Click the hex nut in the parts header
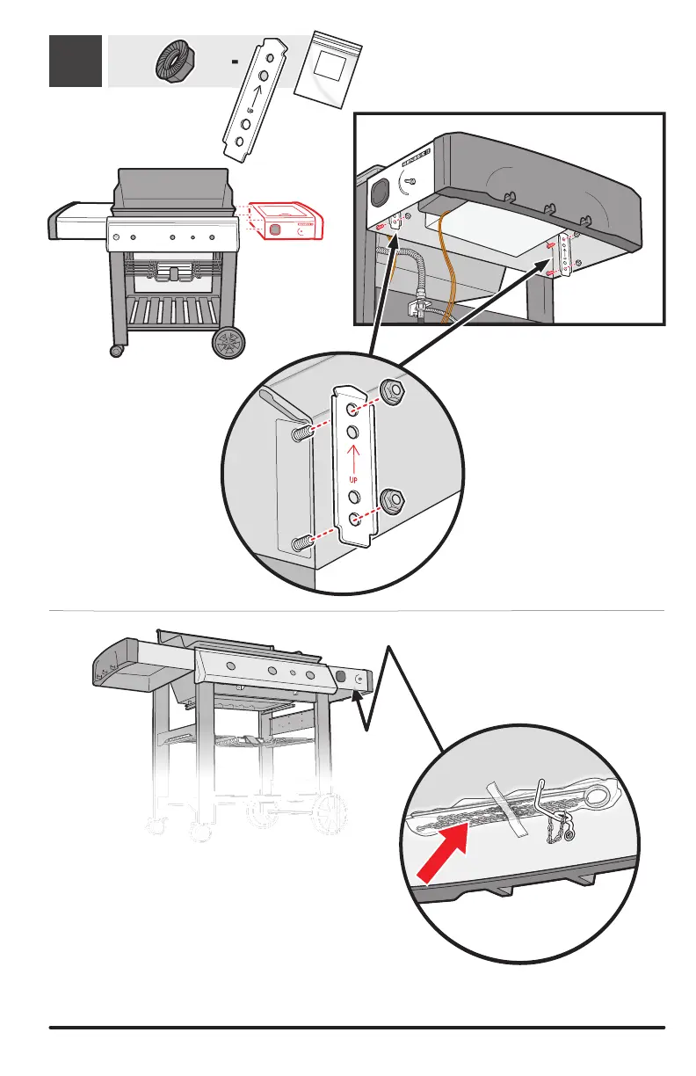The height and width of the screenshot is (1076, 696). coord(175,62)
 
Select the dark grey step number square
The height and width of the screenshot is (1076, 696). coord(75,62)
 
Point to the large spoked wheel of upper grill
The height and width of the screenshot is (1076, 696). coord(229,343)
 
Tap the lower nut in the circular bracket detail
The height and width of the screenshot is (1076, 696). coord(392,501)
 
